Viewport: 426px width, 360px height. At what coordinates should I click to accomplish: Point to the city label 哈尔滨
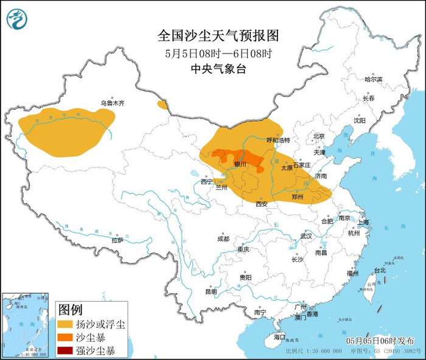[373, 80]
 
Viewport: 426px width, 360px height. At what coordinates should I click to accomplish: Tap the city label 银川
[240, 164]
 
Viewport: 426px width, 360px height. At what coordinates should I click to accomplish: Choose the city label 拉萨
[117, 240]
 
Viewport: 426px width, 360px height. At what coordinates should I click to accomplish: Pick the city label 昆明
[211, 291]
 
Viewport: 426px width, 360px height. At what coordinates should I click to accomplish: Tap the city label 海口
[279, 336]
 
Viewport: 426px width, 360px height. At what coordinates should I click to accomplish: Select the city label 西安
[261, 204]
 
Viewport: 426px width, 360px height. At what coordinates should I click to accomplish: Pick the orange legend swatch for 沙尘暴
[66, 337]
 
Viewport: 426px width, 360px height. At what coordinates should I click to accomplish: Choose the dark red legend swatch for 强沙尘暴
[66, 350]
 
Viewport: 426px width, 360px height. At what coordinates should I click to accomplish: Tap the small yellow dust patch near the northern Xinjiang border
[162, 105]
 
